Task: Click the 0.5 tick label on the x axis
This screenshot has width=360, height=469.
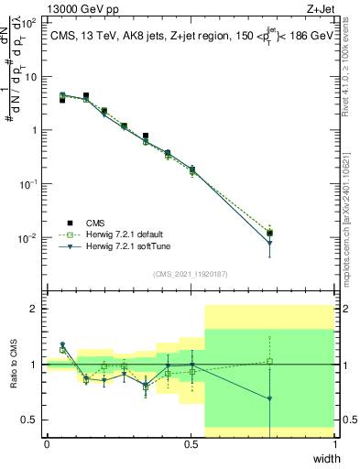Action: point(191,444)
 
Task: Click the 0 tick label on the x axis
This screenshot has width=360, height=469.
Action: point(47,444)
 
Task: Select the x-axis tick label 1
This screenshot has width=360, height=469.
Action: point(334,444)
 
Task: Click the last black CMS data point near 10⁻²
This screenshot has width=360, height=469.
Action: point(269,234)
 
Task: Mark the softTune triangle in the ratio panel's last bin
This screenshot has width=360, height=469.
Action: point(269,398)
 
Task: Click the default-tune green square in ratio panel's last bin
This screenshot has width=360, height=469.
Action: point(269,361)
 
